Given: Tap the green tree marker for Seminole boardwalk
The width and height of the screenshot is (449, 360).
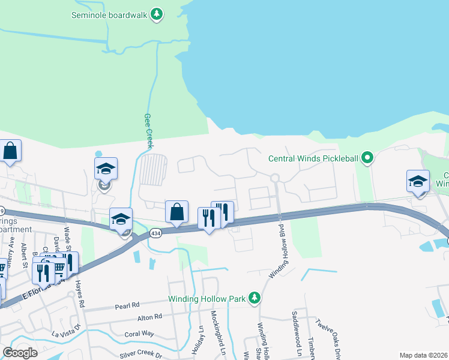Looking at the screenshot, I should point(157,14).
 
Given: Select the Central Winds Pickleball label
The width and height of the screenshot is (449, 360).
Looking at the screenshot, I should point(313,158).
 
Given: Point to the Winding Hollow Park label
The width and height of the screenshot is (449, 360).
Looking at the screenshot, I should point(207,298).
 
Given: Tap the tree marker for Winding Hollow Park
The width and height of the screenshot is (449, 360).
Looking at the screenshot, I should point(255,298).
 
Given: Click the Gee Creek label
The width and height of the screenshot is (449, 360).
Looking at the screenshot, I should point(148,131).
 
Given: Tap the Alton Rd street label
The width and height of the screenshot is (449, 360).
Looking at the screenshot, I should point(150,317).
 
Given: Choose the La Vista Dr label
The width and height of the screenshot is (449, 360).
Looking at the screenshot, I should point(65,334).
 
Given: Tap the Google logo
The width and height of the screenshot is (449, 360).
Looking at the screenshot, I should point(20,353).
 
